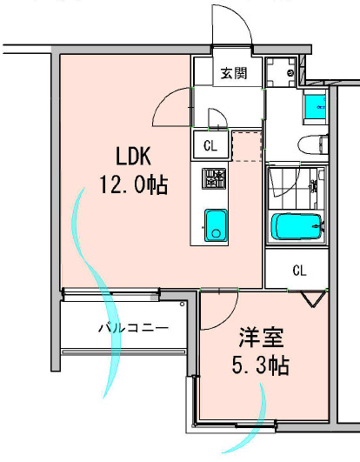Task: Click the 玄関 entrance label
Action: coord(232,73)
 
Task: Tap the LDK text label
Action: coord(135,157)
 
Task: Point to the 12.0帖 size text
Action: coord(133,185)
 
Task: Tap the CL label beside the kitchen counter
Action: coord(211,144)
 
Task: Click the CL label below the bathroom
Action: coord(299,270)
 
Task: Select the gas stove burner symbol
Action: coord(214,180)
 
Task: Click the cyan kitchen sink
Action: coord(215,225)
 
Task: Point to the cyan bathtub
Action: coord(298,227)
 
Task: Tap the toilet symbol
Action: coord(308,144)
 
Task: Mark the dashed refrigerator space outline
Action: coord(247,145)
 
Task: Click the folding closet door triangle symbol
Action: coord(310,297)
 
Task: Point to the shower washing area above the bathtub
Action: coord(298,184)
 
